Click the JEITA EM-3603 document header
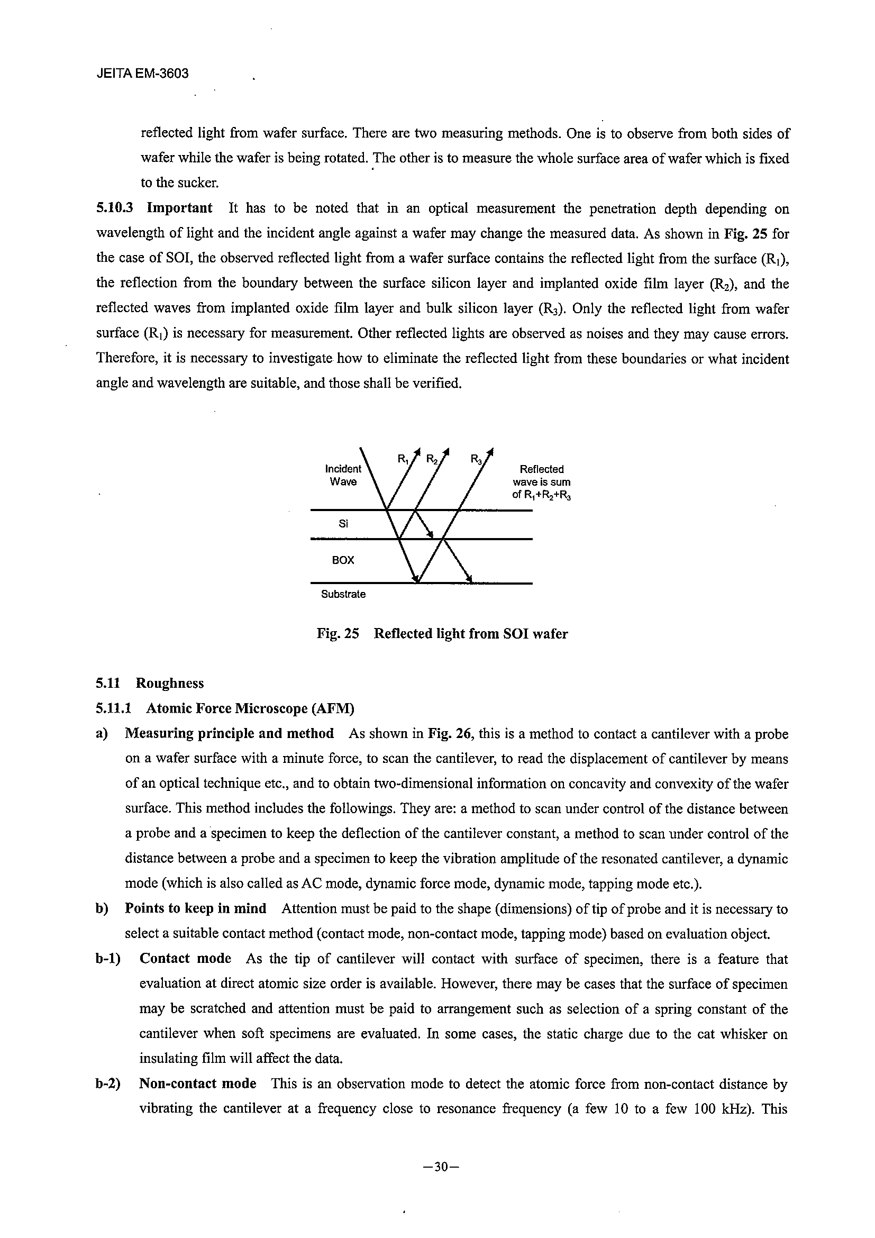pos(142,74)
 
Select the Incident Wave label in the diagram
pos(343,475)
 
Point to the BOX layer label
pos(343,560)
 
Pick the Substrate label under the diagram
pos(343,594)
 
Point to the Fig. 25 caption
pos(442,634)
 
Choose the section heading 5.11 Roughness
pos(150,683)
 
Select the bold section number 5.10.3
pos(114,208)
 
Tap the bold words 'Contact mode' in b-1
pos(185,959)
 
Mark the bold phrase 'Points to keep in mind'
pos(196,908)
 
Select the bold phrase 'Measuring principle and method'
pos(229,734)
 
